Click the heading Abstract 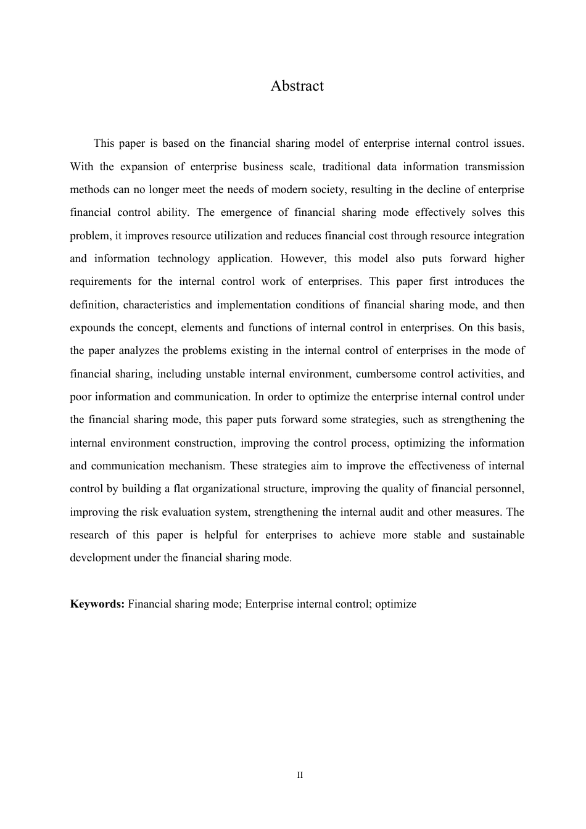click(297, 86)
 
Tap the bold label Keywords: click(97, 604)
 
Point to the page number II click(300, 775)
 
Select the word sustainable click(498, 535)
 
